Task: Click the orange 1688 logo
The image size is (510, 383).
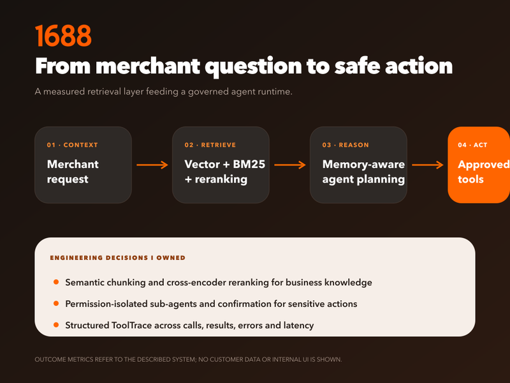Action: (63, 36)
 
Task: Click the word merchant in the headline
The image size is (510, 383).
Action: (148, 66)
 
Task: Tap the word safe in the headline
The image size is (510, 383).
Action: (357, 66)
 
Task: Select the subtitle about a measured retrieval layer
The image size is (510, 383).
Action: (164, 91)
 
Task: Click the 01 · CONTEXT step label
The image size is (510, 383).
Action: (72, 145)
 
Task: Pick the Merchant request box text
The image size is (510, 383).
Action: (73, 172)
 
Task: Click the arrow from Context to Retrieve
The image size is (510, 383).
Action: (152, 165)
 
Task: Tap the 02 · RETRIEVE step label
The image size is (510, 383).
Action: (210, 145)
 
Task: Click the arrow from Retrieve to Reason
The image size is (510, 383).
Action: (290, 165)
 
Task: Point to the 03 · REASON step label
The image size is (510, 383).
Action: (346, 145)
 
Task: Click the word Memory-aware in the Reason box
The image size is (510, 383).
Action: (363, 165)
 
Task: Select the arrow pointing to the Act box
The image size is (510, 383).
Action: (428, 165)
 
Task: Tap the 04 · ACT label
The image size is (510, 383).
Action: (472, 145)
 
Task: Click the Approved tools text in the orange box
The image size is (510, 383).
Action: (484, 172)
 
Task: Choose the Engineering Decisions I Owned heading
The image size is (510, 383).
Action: (117, 258)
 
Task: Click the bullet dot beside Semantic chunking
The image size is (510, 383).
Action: (56, 282)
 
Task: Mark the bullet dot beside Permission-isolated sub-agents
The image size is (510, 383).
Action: (56, 304)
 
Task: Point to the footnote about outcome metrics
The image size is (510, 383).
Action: (188, 359)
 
